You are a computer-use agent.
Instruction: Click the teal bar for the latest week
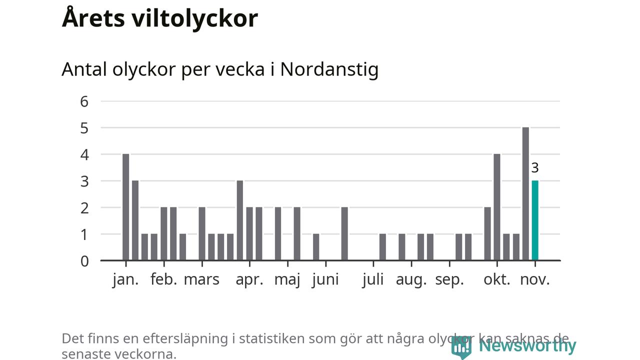tap(535, 220)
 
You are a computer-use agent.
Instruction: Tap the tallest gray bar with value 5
tap(525, 194)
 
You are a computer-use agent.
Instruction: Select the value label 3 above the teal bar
tap(535, 168)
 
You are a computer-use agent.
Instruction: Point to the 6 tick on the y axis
tap(84, 101)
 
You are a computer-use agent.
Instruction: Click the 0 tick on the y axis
tap(84, 261)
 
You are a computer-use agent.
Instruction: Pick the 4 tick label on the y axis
tap(84, 154)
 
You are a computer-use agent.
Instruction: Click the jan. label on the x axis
tap(125, 279)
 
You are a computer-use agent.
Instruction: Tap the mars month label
tap(201, 279)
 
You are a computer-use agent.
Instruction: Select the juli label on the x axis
tap(373, 279)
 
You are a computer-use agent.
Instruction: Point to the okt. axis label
tap(497, 279)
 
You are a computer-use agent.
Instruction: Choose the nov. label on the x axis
tap(535, 279)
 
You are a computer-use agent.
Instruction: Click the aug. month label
tap(411, 279)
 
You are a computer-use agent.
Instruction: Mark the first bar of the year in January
tap(125, 207)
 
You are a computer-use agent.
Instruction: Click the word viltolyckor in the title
tap(195, 18)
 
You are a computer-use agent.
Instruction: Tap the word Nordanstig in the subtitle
tap(329, 69)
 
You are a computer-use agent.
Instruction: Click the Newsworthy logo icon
tap(461, 346)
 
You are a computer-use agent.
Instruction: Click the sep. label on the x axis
tap(449, 279)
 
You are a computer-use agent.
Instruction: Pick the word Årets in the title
tap(93, 18)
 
